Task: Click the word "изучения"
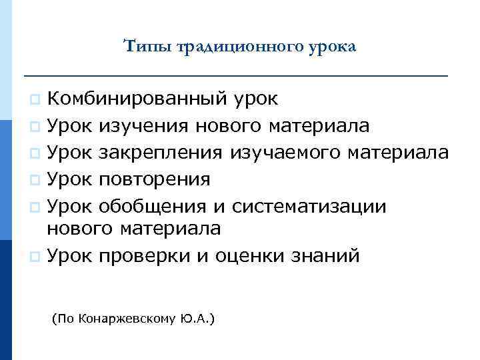141,126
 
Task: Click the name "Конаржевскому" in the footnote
128,319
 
